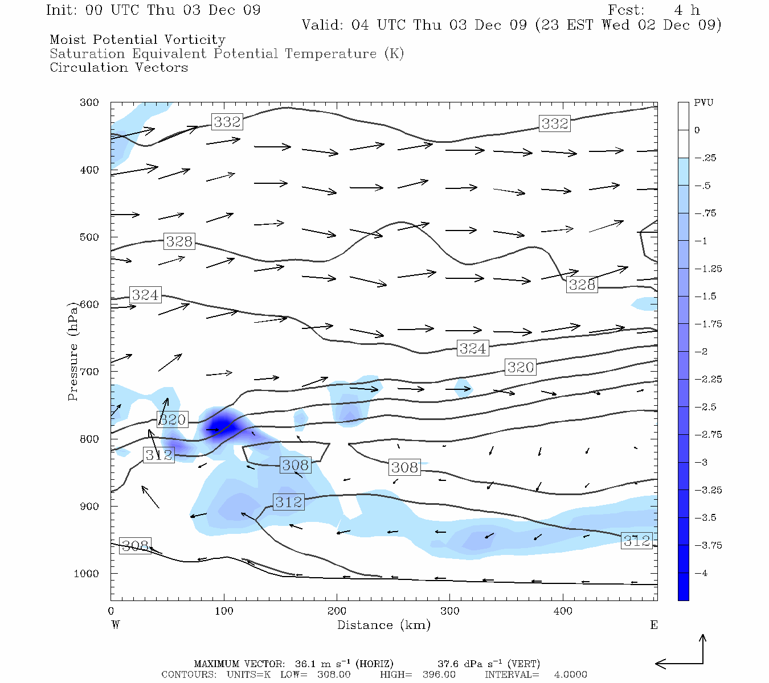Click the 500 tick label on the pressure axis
(x=89, y=237)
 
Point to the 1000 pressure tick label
(x=87, y=574)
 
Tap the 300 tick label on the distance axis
(x=450, y=611)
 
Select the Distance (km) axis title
(x=383, y=625)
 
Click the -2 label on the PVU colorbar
(x=700, y=352)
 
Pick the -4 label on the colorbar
(x=700, y=573)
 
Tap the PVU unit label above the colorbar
(x=703, y=103)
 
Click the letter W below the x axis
(x=116, y=625)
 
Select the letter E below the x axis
(x=653, y=625)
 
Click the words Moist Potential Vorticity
(x=137, y=40)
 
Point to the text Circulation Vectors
(x=118, y=68)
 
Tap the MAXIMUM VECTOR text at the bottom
(x=239, y=664)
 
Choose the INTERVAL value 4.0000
(x=570, y=674)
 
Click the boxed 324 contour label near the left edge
(x=145, y=295)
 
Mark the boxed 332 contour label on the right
(x=554, y=124)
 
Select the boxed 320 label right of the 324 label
(x=521, y=367)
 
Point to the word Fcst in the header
(x=626, y=10)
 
